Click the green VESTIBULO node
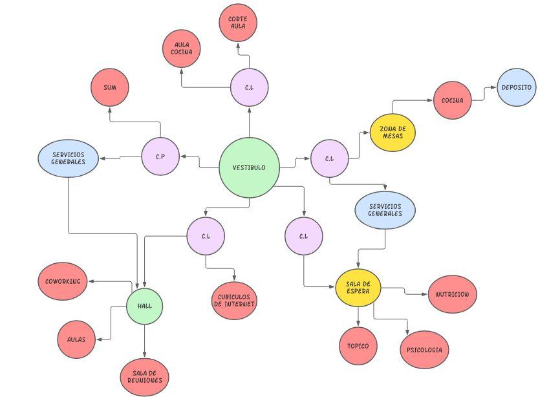click(249, 167)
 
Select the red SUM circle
click(110, 87)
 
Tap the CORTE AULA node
click(238, 23)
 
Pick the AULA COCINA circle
click(182, 48)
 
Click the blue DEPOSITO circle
click(516, 87)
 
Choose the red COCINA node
click(452, 100)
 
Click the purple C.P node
click(160, 156)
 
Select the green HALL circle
click(144, 305)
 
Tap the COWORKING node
click(63, 281)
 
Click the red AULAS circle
click(76, 339)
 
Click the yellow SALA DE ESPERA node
click(358, 288)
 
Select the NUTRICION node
click(453, 294)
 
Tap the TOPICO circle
click(358, 346)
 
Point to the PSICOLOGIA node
click(424, 350)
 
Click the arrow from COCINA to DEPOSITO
click(484, 94)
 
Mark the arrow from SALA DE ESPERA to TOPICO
click(358, 317)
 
